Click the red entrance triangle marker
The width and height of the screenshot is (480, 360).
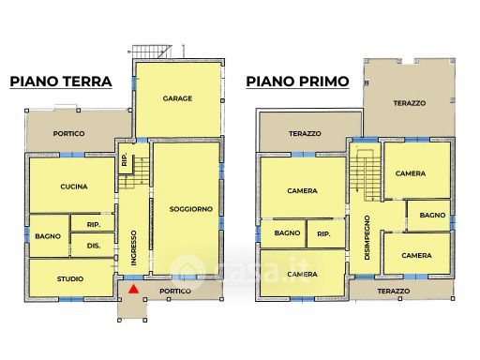coord(133,289)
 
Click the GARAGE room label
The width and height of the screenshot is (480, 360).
coord(177,98)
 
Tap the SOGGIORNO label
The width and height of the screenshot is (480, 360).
coord(191,209)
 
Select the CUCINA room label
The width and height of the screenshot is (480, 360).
coord(74,187)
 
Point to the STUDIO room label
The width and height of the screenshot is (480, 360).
coord(70,278)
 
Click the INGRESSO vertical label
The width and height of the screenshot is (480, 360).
coord(134,247)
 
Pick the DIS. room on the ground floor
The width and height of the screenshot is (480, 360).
coord(93,245)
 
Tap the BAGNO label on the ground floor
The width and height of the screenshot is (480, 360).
coord(48,236)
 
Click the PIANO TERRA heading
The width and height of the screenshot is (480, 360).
coord(61,82)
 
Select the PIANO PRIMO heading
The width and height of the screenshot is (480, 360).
coord(297,82)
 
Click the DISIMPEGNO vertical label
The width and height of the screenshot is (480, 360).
coord(367,237)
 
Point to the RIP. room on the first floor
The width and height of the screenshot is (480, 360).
coord(326,234)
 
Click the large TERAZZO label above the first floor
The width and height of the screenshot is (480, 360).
coord(410,103)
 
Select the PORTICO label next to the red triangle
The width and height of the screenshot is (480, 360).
coord(175,291)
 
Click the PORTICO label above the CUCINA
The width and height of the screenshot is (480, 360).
coord(68,134)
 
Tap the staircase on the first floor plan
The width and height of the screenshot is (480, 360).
coord(365,174)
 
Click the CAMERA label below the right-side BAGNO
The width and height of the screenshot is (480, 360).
coord(416,256)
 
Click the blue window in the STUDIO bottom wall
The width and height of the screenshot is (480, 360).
coord(71,299)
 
